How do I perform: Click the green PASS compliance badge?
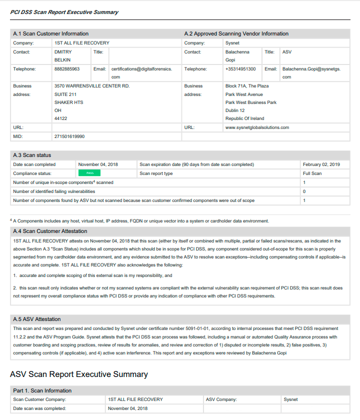pyautogui.click(x=89, y=173)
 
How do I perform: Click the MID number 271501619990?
pyautogui.click(x=69, y=136)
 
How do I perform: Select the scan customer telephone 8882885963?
pyautogui.click(x=67, y=69)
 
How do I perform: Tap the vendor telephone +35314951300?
pyautogui.click(x=240, y=69)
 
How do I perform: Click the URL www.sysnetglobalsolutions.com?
pyautogui.click(x=257, y=127)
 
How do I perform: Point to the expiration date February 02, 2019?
pyautogui.click(x=321, y=164)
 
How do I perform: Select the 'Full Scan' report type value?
pyautogui.click(x=312, y=173)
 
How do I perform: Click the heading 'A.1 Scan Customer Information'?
pyautogui.click(x=51, y=33)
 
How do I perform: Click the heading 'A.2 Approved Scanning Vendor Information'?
pyautogui.click(x=236, y=33)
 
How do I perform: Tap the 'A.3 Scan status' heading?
pyautogui.click(x=32, y=155)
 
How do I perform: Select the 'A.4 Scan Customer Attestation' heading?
pyautogui.click(x=50, y=231)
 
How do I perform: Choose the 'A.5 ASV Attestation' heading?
pyautogui.click(x=37, y=319)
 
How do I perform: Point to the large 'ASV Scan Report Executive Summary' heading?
pyautogui.click(x=79, y=374)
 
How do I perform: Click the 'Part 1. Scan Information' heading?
pyautogui.click(x=42, y=390)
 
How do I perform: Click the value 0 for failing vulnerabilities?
pyautogui.click(x=304, y=191)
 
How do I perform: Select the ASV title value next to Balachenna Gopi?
pyautogui.click(x=287, y=52)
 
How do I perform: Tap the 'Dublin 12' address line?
pyautogui.click(x=235, y=110)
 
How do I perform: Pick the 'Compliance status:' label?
pyautogui.click(x=32, y=173)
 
